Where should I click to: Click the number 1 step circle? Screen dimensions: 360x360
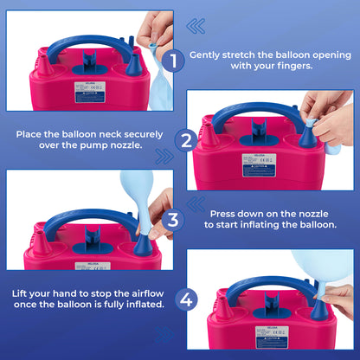pos(173,61)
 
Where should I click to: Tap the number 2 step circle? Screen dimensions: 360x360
pos(186,140)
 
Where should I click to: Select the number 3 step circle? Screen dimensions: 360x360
pos(174,219)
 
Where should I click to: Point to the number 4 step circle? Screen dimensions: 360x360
pos(186,299)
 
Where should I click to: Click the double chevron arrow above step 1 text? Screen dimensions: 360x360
pos(198,26)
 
